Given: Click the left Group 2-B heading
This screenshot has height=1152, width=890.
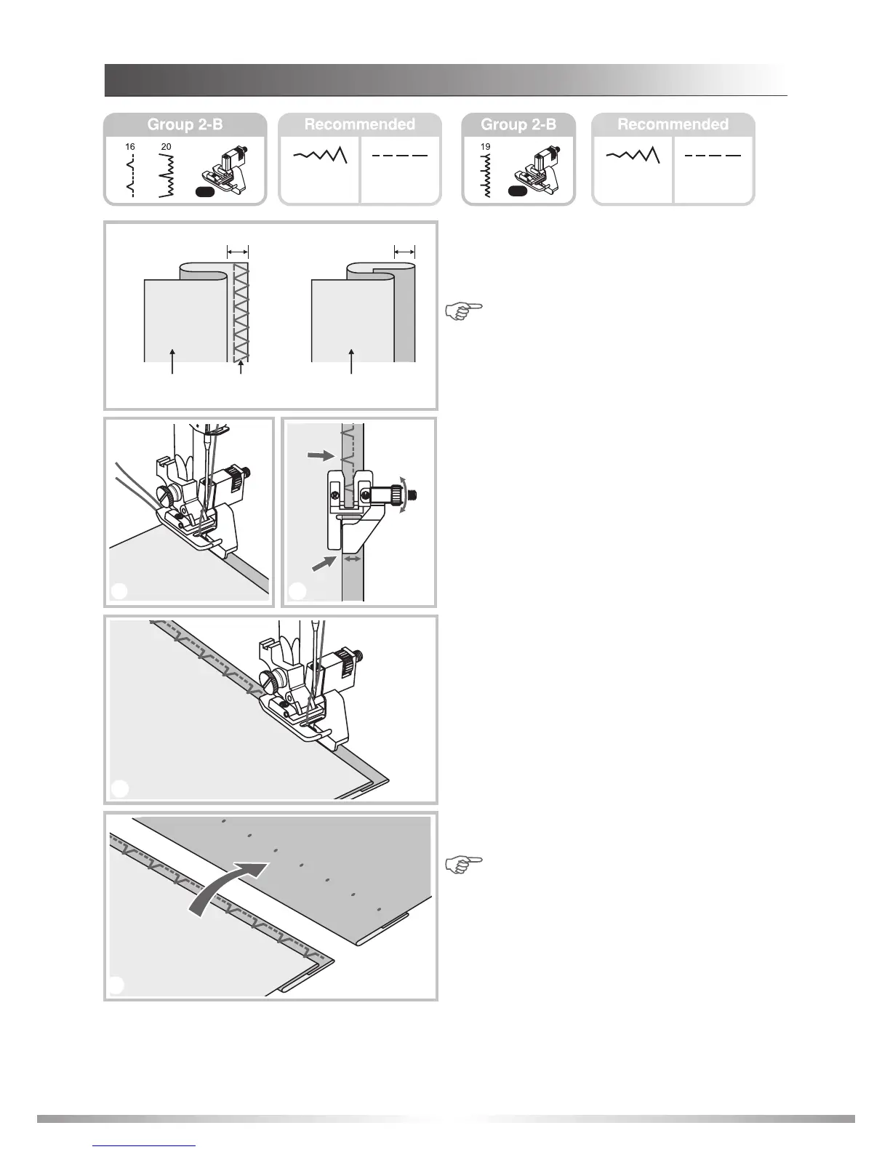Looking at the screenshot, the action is click(185, 124).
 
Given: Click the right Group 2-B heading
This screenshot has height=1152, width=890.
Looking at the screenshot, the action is click(518, 124).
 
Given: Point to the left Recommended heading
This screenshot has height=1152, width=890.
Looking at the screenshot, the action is click(359, 124).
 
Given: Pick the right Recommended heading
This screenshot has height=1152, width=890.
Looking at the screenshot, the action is click(673, 124).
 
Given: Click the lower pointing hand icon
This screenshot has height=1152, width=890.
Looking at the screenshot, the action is click(464, 864).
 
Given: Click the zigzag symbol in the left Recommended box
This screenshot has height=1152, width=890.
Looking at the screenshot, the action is click(320, 156).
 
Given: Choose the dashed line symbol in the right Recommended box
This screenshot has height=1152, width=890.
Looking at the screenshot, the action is click(713, 156).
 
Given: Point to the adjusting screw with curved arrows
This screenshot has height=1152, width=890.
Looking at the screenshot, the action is click(398, 495).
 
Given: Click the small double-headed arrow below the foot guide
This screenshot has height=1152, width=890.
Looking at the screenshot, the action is click(353, 559).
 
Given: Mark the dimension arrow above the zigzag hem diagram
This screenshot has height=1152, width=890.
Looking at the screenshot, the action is click(237, 252).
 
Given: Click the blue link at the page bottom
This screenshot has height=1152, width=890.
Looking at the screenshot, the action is click(145, 1145).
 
